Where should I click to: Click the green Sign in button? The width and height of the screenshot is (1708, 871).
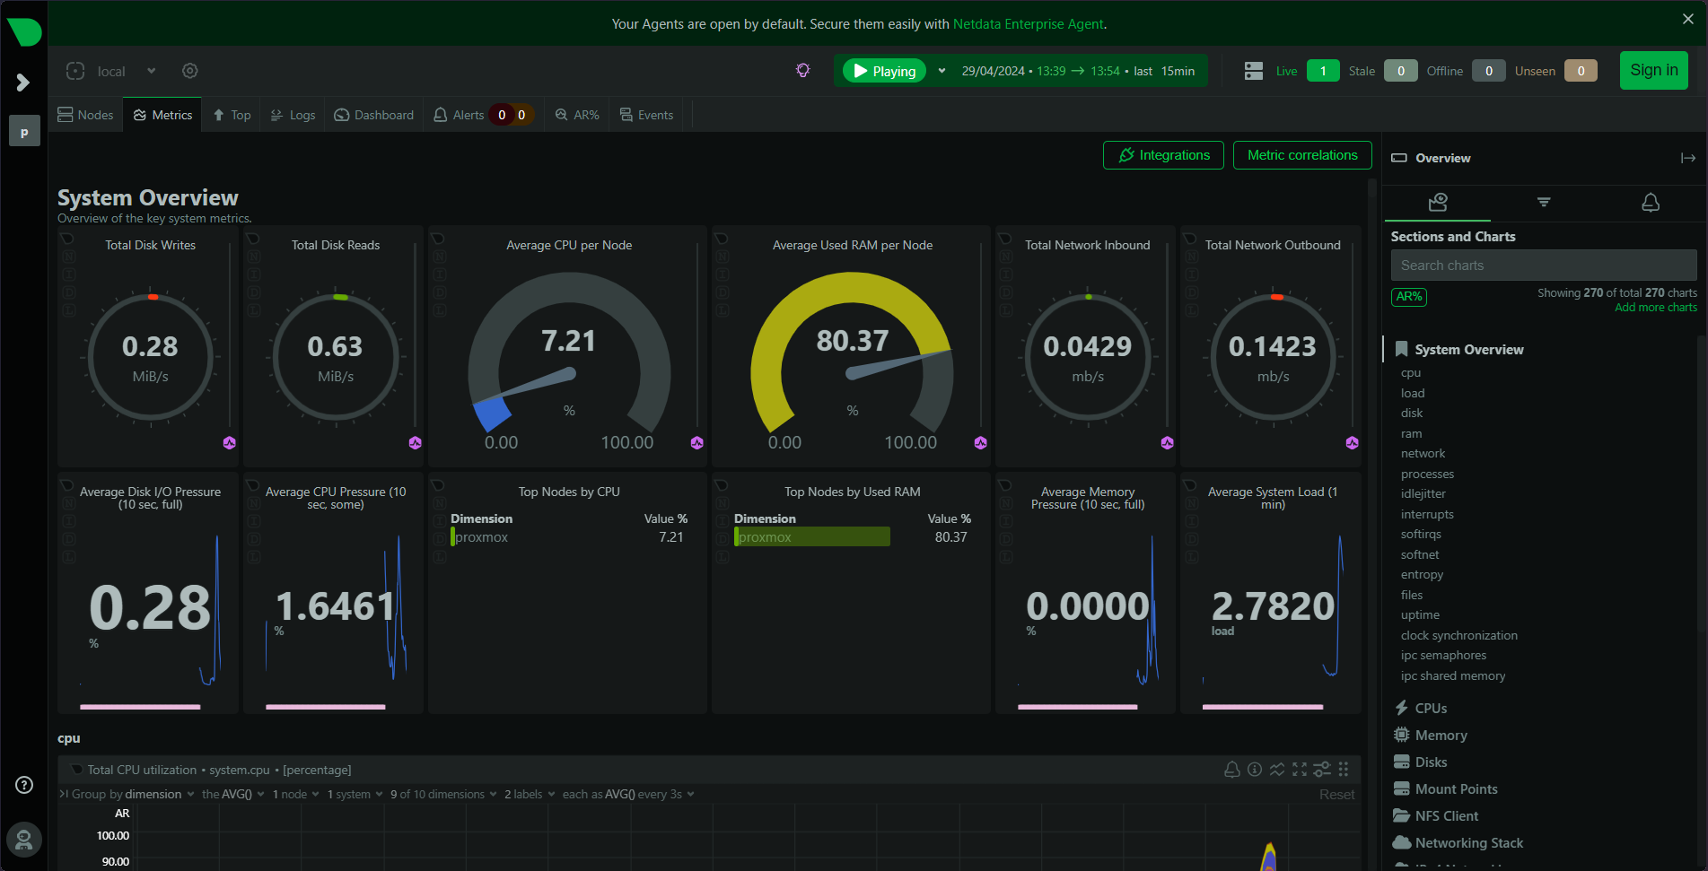pos(1653,70)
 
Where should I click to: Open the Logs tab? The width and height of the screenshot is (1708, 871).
pos(293,115)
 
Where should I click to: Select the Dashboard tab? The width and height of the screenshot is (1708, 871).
pos(374,115)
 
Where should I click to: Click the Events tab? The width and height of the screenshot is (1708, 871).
pos(646,115)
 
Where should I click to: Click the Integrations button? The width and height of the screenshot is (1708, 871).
pos(1163,155)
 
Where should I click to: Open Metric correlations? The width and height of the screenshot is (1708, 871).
pos(1301,155)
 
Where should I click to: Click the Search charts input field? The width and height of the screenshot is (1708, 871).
pos(1543,266)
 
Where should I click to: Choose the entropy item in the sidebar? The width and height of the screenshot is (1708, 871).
pos(1422,575)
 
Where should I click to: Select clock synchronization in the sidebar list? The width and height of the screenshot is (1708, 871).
pos(1458,635)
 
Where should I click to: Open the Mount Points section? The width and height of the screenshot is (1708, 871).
pos(1456,789)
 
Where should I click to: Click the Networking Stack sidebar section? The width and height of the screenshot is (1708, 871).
pos(1468,843)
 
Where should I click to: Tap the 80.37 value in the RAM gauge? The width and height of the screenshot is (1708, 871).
pos(852,341)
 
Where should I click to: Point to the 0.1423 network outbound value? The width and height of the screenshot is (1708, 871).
pos(1272,347)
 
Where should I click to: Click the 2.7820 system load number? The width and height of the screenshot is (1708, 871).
pos(1273,606)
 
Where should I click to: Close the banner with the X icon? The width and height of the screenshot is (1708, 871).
pos(1687,19)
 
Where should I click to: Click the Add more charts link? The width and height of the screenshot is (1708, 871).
pos(1655,308)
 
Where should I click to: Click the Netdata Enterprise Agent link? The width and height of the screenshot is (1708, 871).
pos(1028,24)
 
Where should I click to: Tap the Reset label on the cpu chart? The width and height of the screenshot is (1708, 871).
pos(1336,795)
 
